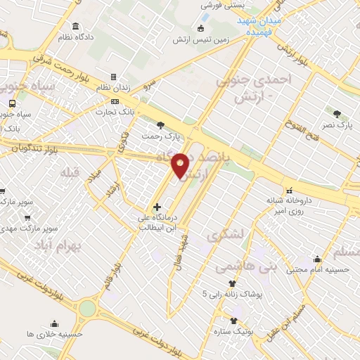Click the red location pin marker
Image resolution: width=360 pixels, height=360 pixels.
point(181,165)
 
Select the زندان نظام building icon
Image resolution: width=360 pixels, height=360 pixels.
point(112,77)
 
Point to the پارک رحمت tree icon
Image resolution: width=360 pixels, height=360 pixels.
point(161,125)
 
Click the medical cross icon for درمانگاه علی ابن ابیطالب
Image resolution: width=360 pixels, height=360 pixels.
point(157,207)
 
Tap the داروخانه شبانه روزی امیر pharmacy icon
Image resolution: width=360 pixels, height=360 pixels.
point(289,190)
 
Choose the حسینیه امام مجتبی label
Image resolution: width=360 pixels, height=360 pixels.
point(326,269)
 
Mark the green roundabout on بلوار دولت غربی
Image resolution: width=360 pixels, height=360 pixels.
point(86,307)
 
